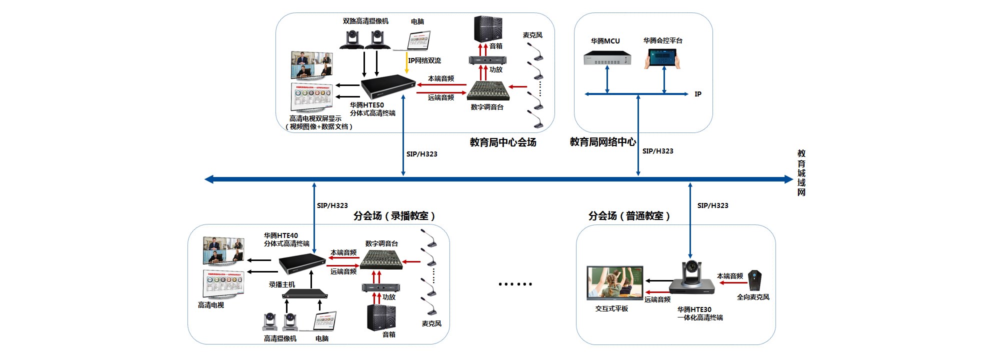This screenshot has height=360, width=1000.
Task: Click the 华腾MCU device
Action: pyautogui.click(x=607, y=58)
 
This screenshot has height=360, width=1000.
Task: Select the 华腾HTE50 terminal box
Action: pyautogui.click(x=388, y=86)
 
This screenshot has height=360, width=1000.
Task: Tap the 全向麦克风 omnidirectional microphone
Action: pyautogui.click(x=755, y=280)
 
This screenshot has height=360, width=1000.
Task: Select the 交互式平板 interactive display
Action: pyautogui.click(x=615, y=283)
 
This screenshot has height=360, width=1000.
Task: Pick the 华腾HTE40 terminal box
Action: pyautogui.click(x=302, y=263)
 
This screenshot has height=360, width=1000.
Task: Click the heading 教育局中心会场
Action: pyautogui.click(x=503, y=142)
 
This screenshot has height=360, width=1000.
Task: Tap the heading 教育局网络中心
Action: pyautogui.click(x=603, y=142)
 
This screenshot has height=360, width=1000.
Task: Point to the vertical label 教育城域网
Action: pyautogui.click(x=801, y=173)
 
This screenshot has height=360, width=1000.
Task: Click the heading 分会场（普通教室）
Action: pyautogui.click(x=629, y=216)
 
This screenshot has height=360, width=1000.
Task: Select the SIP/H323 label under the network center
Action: pyautogui.click(x=657, y=151)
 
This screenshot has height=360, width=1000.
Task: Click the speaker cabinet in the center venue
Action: pyautogui.click(x=488, y=29)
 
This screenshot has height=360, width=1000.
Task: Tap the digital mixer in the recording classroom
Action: pyautogui.click(x=381, y=260)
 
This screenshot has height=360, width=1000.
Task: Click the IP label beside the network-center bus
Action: pyautogui.click(x=698, y=94)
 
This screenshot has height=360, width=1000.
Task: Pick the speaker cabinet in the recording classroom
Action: pyautogui.click(x=381, y=317)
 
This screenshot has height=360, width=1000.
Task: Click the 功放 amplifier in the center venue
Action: pyautogui.click(x=487, y=60)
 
